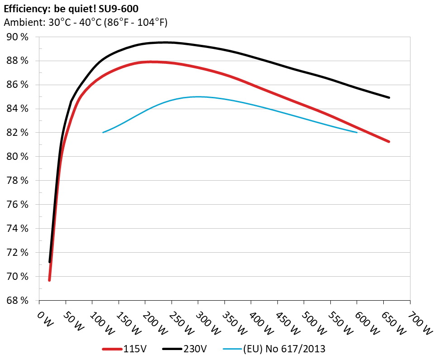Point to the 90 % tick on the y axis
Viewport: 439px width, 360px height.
[18, 37]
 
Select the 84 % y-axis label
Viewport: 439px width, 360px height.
[18, 109]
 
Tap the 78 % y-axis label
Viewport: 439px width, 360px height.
[18, 181]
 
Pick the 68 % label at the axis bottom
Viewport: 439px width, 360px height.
[18, 300]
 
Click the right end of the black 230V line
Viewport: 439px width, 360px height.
[389, 97]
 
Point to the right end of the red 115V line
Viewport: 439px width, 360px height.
[389, 142]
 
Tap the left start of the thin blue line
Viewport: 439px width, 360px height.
[103, 132]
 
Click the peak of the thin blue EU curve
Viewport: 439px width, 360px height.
[198, 96]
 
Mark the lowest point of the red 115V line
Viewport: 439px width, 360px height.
[49, 280]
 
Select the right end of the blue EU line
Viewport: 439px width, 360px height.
[357, 132]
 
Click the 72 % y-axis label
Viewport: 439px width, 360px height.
[18, 252]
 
